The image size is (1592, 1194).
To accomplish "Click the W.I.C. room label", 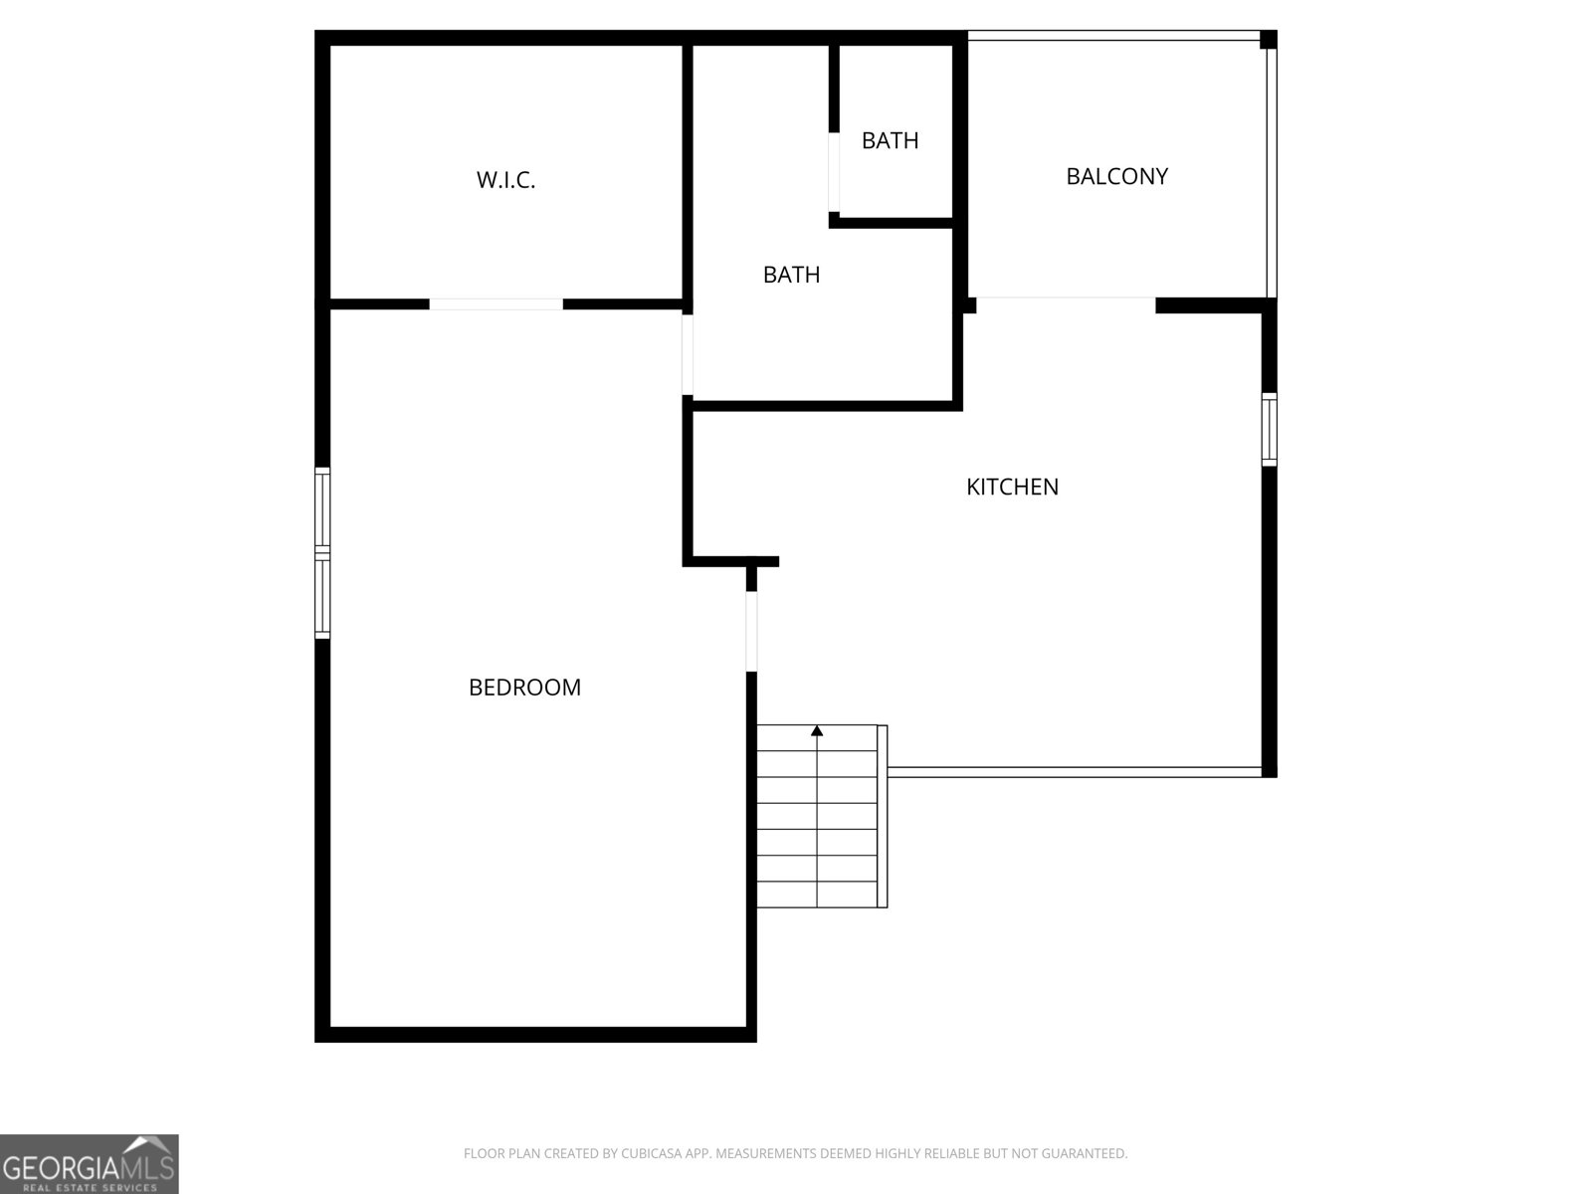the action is click(505, 180).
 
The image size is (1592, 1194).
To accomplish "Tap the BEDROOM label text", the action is click(524, 688).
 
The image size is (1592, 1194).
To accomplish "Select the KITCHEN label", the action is click(1012, 487).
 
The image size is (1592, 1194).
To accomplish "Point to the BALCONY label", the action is click(1117, 176).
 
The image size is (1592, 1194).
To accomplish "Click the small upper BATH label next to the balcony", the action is click(890, 140).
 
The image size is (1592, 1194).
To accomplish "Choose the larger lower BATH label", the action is click(791, 274).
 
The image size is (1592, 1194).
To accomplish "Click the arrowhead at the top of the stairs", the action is click(817, 730).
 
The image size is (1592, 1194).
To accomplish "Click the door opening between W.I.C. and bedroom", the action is click(497, 304).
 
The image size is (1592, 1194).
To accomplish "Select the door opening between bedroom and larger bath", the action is click(688, 354).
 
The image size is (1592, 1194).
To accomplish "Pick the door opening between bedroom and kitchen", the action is click(751, 632).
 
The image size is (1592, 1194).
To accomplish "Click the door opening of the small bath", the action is click(834, 172).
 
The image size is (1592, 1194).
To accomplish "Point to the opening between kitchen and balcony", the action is click(1066, 304).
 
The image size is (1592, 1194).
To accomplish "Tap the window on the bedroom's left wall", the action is click(322, 553).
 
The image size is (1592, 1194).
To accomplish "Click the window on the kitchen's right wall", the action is click(1270, 430).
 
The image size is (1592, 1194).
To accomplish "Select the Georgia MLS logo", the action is click(90, 1163).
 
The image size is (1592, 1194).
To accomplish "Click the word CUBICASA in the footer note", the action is click(651, 1153).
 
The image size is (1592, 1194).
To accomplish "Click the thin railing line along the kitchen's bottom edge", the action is click(1075, 773).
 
